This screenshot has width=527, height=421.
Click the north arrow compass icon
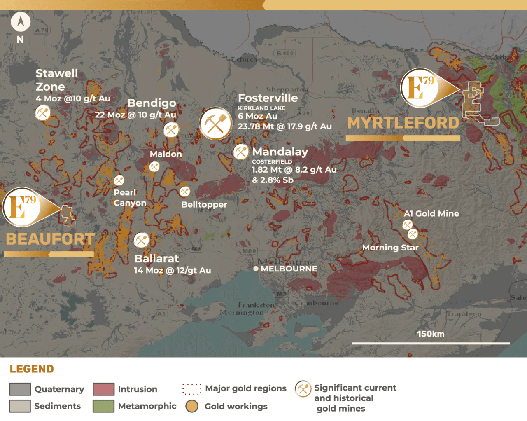pyautogui.click(x=20, y=22)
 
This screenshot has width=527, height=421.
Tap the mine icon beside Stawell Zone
pyautogui.click(x=43, y=112)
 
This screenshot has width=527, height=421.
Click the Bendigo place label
pyautogui.click(x=152, y=103)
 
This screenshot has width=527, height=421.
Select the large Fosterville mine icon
pyautogui.click(x=216, y=123)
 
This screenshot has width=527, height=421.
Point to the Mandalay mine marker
pyautogui.click(x=241, y=152)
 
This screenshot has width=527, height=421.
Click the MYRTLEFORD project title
pyautogui.click(x=403, y=123)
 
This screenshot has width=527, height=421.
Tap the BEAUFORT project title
pyautogui.click(x=50, y=239)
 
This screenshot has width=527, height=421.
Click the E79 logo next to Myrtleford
pyautogui.click(x=419, y=87)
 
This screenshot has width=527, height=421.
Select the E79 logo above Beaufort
pyautogui.click(x=21, y=207)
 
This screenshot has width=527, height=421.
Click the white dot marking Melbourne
pyautogui.click(x=256, y=269)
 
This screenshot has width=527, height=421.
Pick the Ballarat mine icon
pyautogui.click(x=141, y=240)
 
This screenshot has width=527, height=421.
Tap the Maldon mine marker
pyautogui.click(x=154, y=166)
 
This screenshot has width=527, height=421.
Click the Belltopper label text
pyautogui.click(x=204, y=204)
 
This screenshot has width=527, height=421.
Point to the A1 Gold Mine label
pyautogui.click(x=431, y=213)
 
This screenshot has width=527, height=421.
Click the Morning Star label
pyautogui.click(x=390, y=248)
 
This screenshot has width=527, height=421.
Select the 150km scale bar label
pyautogui.click(x=430, y=334)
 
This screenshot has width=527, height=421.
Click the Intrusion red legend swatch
pyautogui.click(x=103, y=389)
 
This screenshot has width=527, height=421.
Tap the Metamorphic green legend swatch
pyautogui.click(x=103, y=406)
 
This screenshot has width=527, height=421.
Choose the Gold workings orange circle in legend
pyautogui.click(x=192, y=406)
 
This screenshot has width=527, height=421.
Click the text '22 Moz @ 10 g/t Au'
pyautogui.click(x=135, y=115)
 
